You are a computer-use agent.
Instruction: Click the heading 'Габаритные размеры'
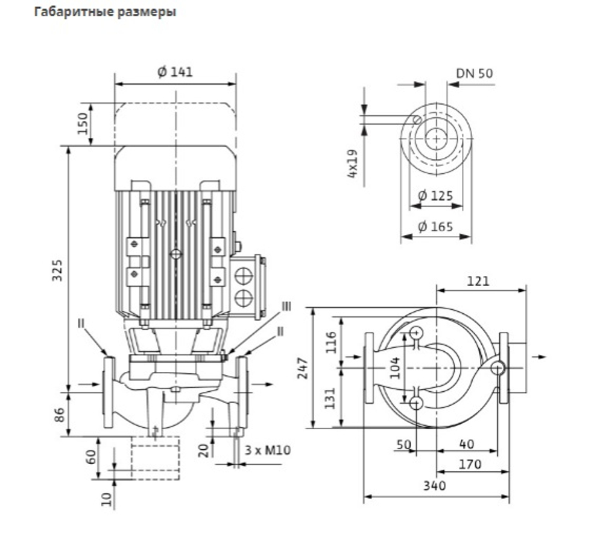[105, 12]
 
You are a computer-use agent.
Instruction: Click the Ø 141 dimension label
[175, 72]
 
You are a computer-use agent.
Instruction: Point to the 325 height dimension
[57, 270]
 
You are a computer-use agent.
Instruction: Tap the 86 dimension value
[60, 415]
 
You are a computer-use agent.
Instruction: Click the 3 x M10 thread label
[268, 450]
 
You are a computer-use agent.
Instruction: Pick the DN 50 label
[474, 73]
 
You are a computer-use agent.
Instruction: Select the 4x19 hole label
[352, 164]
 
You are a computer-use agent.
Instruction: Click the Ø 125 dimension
[435, 196]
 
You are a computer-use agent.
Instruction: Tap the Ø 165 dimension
[435, 226]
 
